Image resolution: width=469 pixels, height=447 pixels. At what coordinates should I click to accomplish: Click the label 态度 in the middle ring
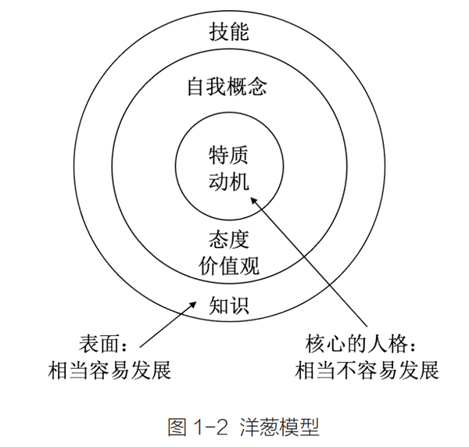[228, 238]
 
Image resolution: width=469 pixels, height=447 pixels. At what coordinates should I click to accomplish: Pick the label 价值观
[228, 267]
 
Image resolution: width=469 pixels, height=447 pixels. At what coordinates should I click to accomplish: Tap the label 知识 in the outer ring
[228, 305]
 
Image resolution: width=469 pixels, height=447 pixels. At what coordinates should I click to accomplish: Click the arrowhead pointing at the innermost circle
[259, 198]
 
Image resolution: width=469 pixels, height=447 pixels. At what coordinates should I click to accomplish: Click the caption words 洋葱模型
[274, 427]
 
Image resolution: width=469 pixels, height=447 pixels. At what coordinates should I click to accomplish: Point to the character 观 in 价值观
[249, 267]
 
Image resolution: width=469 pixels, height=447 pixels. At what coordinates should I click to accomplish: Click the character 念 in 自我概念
[260, 88]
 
